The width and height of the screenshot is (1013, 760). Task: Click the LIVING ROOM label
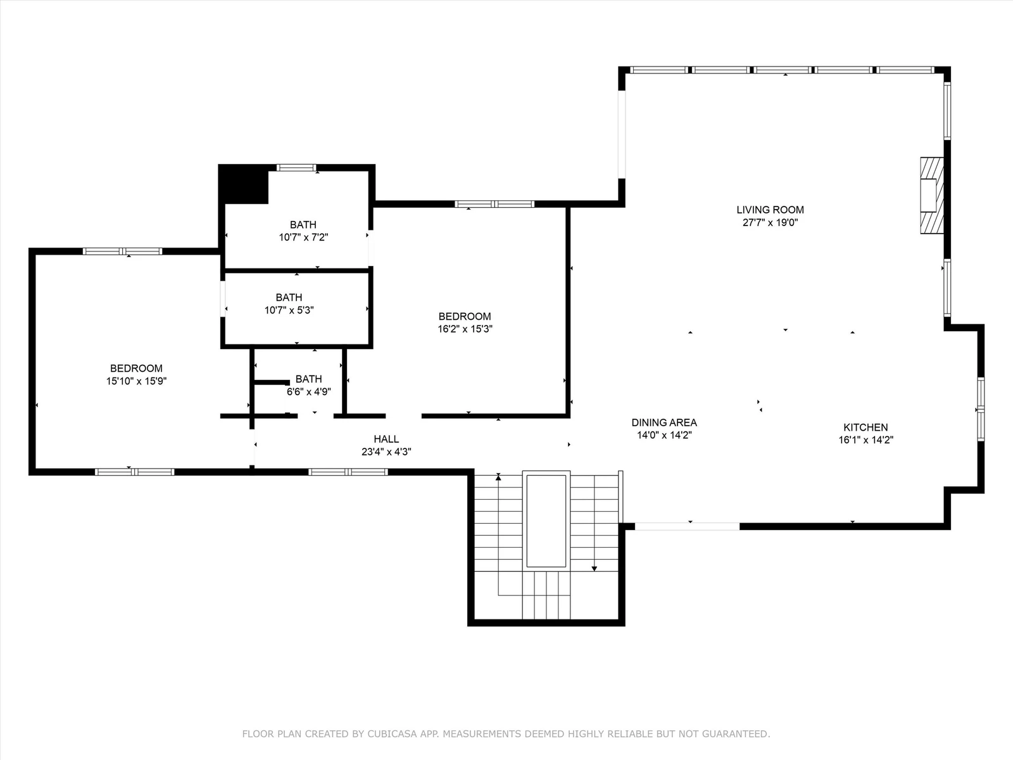click(x=770, y=210)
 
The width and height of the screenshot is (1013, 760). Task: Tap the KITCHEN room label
click(x=865, y=427)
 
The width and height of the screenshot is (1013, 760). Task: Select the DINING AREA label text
click(x=664, y=422)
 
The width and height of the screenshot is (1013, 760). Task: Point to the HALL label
click(x=386, y=439)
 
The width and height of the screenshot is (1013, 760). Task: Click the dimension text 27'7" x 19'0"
click(x=770, y=222)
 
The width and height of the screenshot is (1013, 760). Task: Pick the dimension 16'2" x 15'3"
click(x=465, y=329)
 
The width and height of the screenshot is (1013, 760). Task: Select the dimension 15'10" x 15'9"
click(x=136, y=381)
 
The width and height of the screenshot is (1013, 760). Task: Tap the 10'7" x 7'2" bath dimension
click(x=303, y=237)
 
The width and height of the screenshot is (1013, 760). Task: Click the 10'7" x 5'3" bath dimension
click(x=289, y=310)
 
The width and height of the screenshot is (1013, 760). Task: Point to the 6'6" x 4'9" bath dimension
click(x=309, y=392)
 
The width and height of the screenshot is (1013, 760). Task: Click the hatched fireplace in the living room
click(x=932, y=195)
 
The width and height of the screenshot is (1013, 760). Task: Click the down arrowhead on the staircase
click(x=595, y=569)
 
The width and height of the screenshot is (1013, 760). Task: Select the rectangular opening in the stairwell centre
click(x=546, y=521)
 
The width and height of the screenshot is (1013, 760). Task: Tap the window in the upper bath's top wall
click(x=296, y=167)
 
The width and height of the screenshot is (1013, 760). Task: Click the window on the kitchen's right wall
click(x=981, y=409)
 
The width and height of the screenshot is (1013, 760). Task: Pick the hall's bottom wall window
click(x=348, y=472)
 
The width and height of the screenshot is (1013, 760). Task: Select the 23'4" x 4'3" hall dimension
click(x=386, y=452)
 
